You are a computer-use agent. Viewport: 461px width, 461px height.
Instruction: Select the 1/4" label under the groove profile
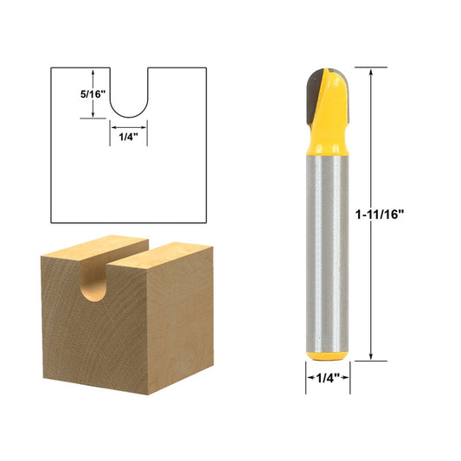[x=127, y=135]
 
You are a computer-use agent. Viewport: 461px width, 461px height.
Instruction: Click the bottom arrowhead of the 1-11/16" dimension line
[x=372, y=356]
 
